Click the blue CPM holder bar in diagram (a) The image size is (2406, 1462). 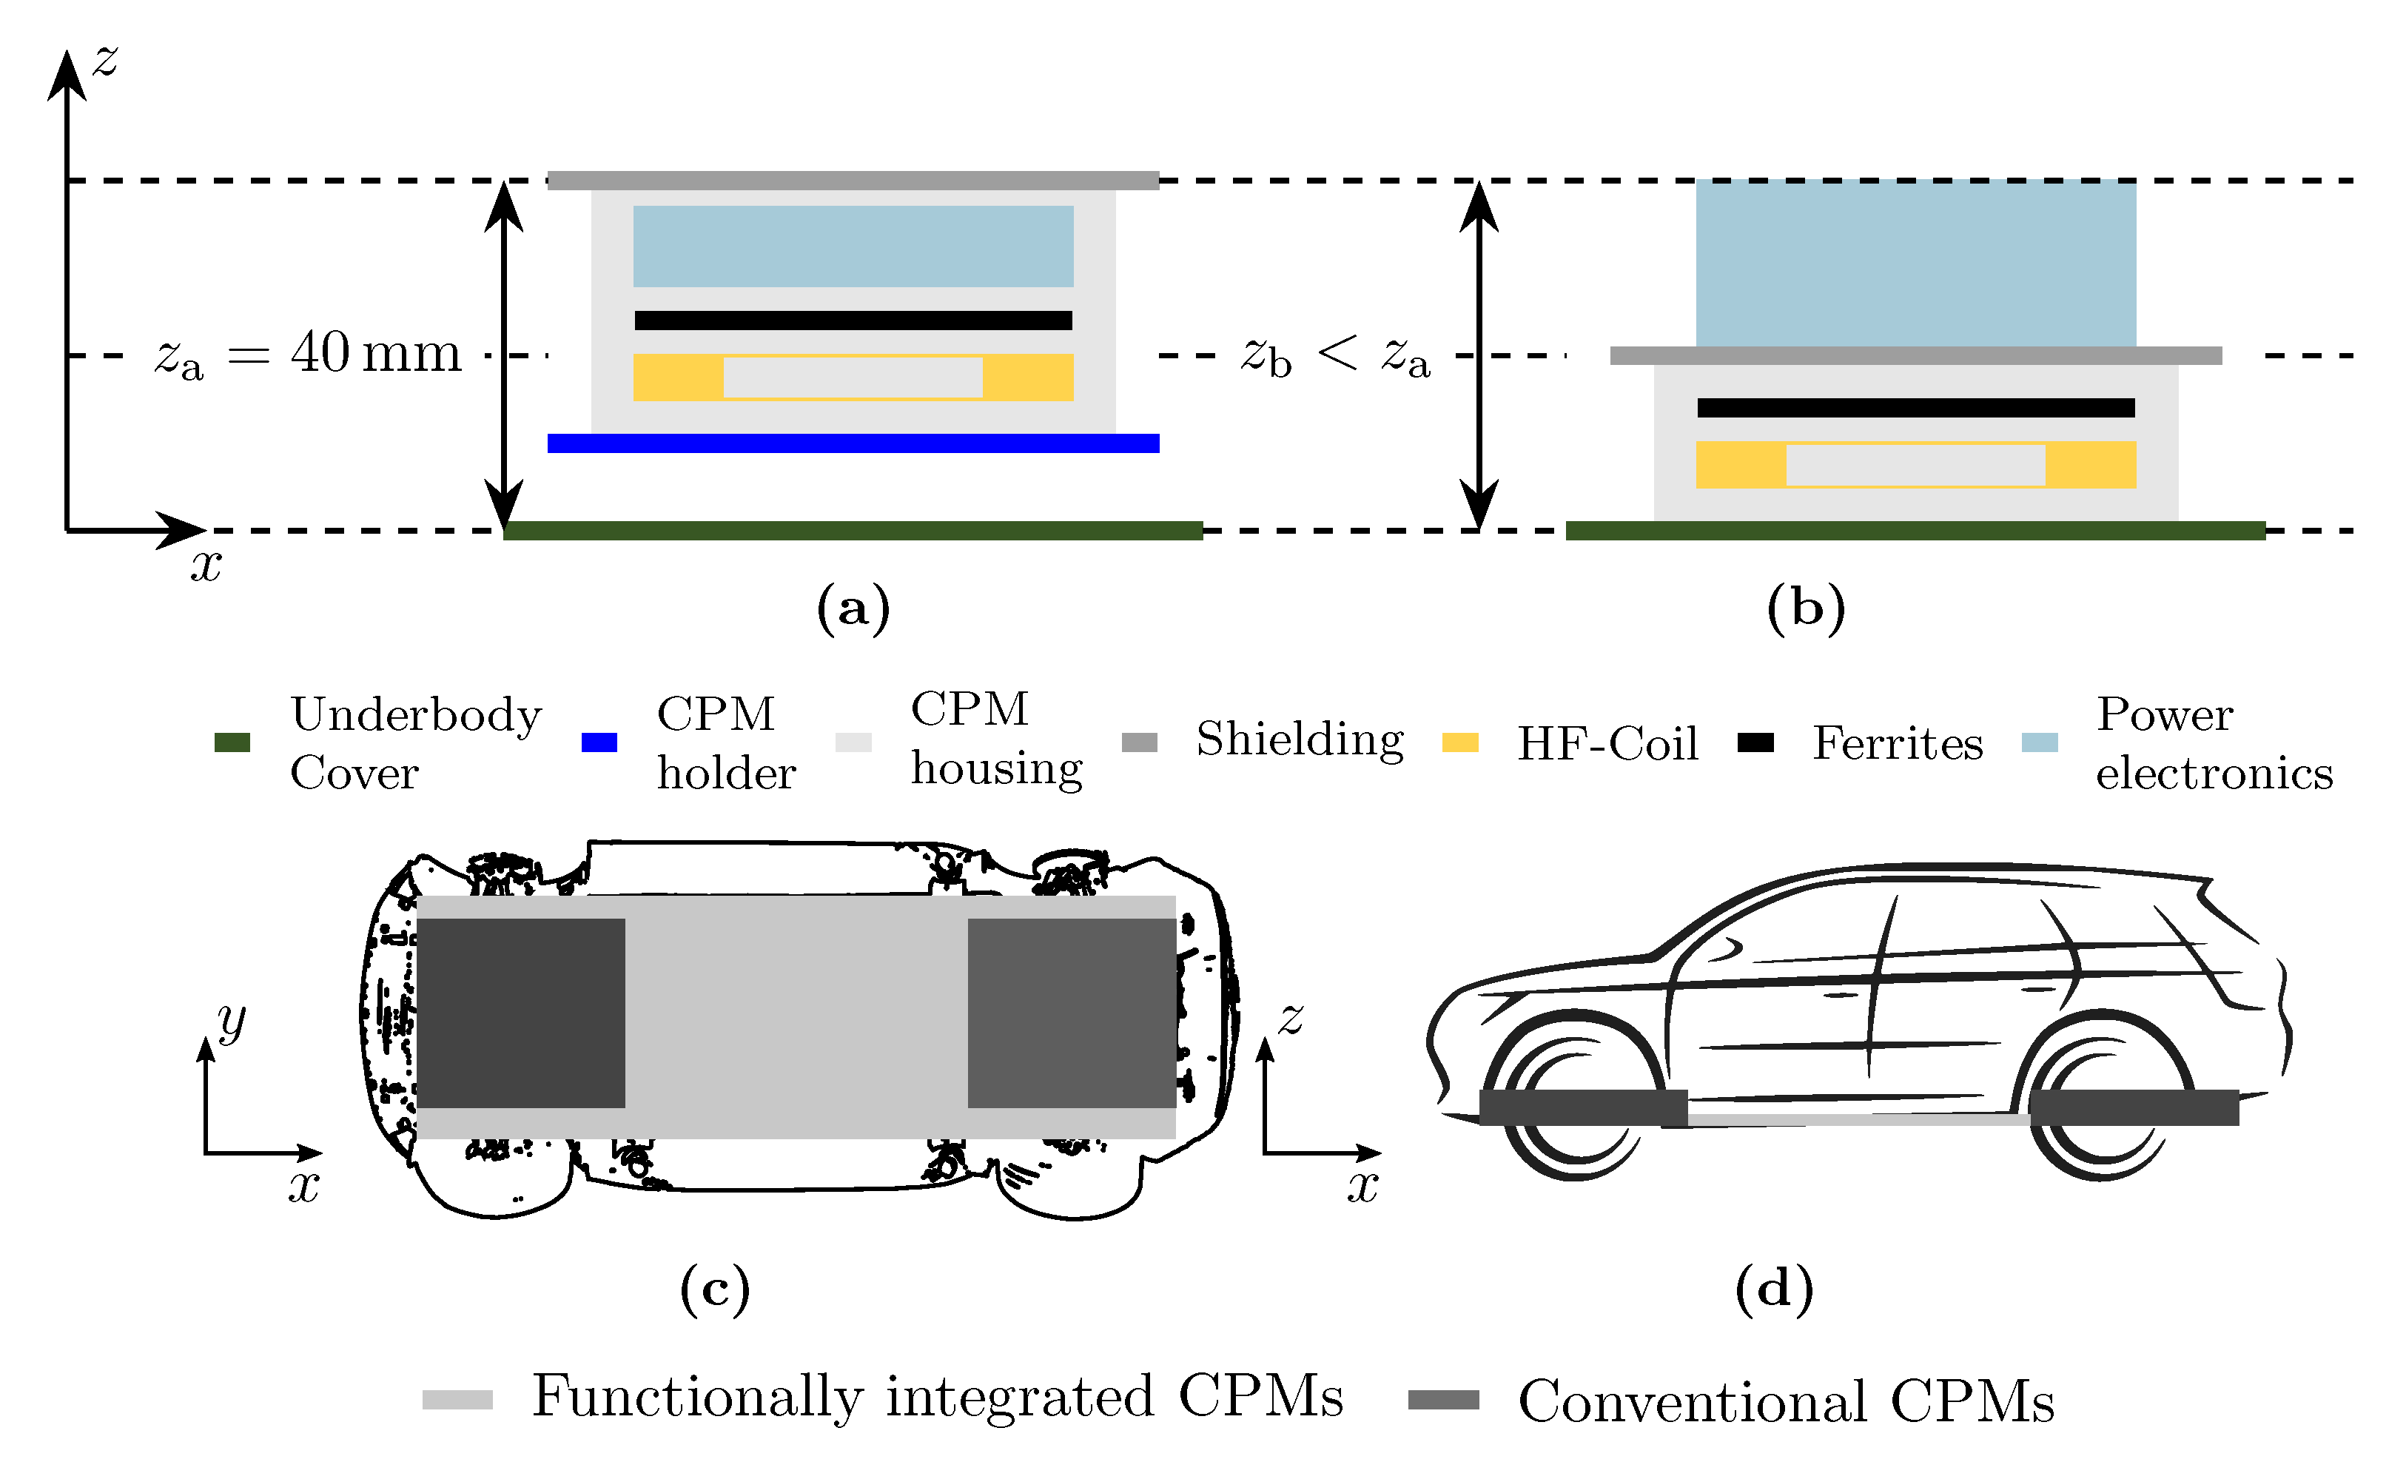point(853,443)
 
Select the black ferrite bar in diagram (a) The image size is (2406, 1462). point(853,321)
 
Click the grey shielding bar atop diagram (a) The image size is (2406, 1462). point(853,180)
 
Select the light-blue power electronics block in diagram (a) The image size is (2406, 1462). point(853,246)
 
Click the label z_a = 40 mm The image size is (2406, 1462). point(308,354)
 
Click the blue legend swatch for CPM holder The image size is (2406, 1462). point(599,742)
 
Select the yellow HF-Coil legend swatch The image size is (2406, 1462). point(1460,742)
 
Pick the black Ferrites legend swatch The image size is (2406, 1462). point(1755,742)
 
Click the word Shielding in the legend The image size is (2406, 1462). point(1300,740)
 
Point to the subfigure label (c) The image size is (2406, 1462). point(715,1289)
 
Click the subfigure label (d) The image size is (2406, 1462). point(1773,1289)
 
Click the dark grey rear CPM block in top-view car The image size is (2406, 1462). point(1071,1013)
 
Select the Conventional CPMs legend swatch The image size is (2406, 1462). point(1442,1400)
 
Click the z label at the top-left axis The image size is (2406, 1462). point(104,61)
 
